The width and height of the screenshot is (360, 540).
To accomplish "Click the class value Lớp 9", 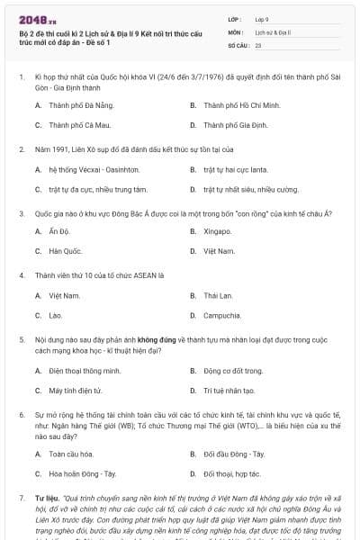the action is tap(264, 18).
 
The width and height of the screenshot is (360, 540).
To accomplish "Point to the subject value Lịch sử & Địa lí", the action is tap(270, 31).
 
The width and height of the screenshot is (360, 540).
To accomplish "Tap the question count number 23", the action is tap(258, 44).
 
